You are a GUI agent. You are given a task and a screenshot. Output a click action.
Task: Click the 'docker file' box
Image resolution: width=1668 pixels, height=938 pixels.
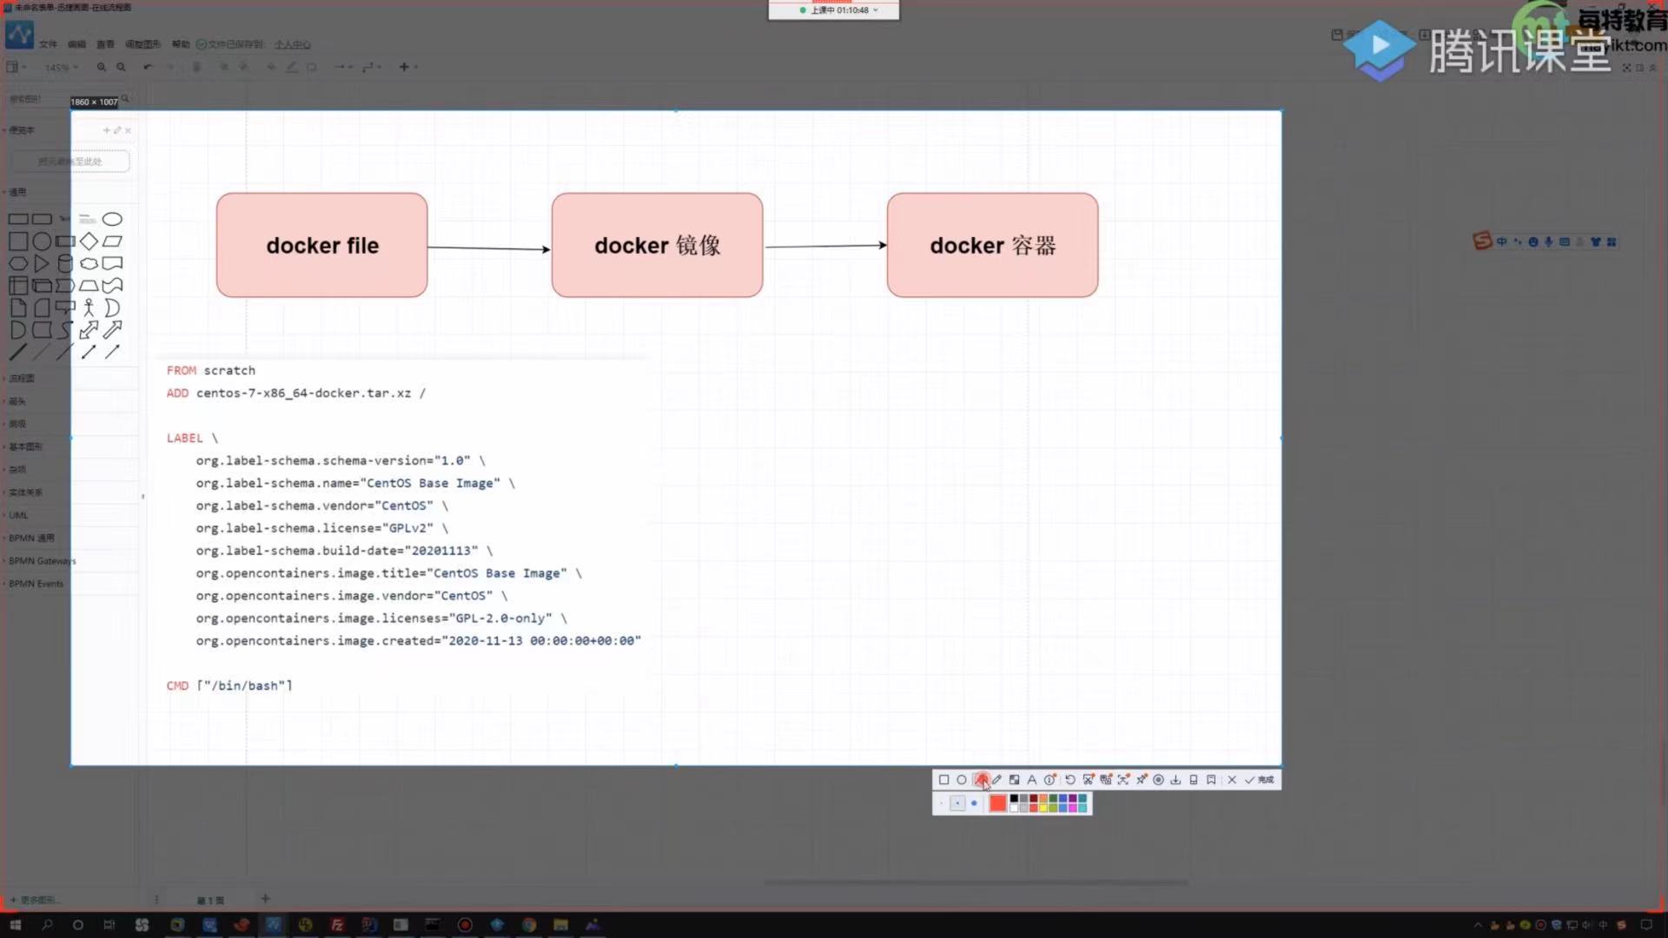click(x=321, y=245)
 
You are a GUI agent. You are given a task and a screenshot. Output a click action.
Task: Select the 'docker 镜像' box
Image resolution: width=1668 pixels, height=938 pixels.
click(x=657, y=245)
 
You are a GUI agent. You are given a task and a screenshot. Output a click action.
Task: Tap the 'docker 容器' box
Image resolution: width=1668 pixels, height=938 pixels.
click(x=992, y=245)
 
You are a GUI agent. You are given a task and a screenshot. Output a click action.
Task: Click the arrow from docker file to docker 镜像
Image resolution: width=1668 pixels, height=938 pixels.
click(x=488, y=248)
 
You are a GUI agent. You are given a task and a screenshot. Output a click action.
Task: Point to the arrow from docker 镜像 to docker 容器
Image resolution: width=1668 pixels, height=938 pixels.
click(x=825, y=246)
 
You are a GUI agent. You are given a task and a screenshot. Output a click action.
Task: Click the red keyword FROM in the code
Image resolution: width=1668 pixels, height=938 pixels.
click(x=182, y=370)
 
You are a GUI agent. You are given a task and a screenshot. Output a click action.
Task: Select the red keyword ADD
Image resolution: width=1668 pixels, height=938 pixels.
click(x=177, y=393)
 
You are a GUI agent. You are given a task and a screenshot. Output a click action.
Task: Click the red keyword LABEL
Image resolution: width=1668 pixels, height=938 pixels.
click(x=184, y=438)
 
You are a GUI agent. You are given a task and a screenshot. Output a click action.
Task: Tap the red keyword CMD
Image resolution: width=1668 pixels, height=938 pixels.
click(x=177, y=685)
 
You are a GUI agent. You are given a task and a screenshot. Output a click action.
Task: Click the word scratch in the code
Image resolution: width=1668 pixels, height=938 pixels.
click(x=229, y=370)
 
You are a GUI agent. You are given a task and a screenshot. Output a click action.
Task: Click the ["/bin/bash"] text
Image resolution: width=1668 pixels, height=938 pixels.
click(x=244, y=685)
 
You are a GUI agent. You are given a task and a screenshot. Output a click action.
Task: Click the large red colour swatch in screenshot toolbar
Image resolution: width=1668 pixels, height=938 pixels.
click(x=997, y=803)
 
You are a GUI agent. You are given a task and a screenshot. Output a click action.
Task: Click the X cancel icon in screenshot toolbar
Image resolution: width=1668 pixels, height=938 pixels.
click(x=1232, y=780)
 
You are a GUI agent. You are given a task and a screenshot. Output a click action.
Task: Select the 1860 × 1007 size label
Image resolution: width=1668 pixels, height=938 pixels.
click(x=94, y=102)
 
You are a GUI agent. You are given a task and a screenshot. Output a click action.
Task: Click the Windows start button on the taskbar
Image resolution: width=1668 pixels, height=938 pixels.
click(x=15, y=925)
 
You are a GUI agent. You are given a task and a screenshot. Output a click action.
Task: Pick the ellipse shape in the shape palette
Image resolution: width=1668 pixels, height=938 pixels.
click(x=112, y=219)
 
